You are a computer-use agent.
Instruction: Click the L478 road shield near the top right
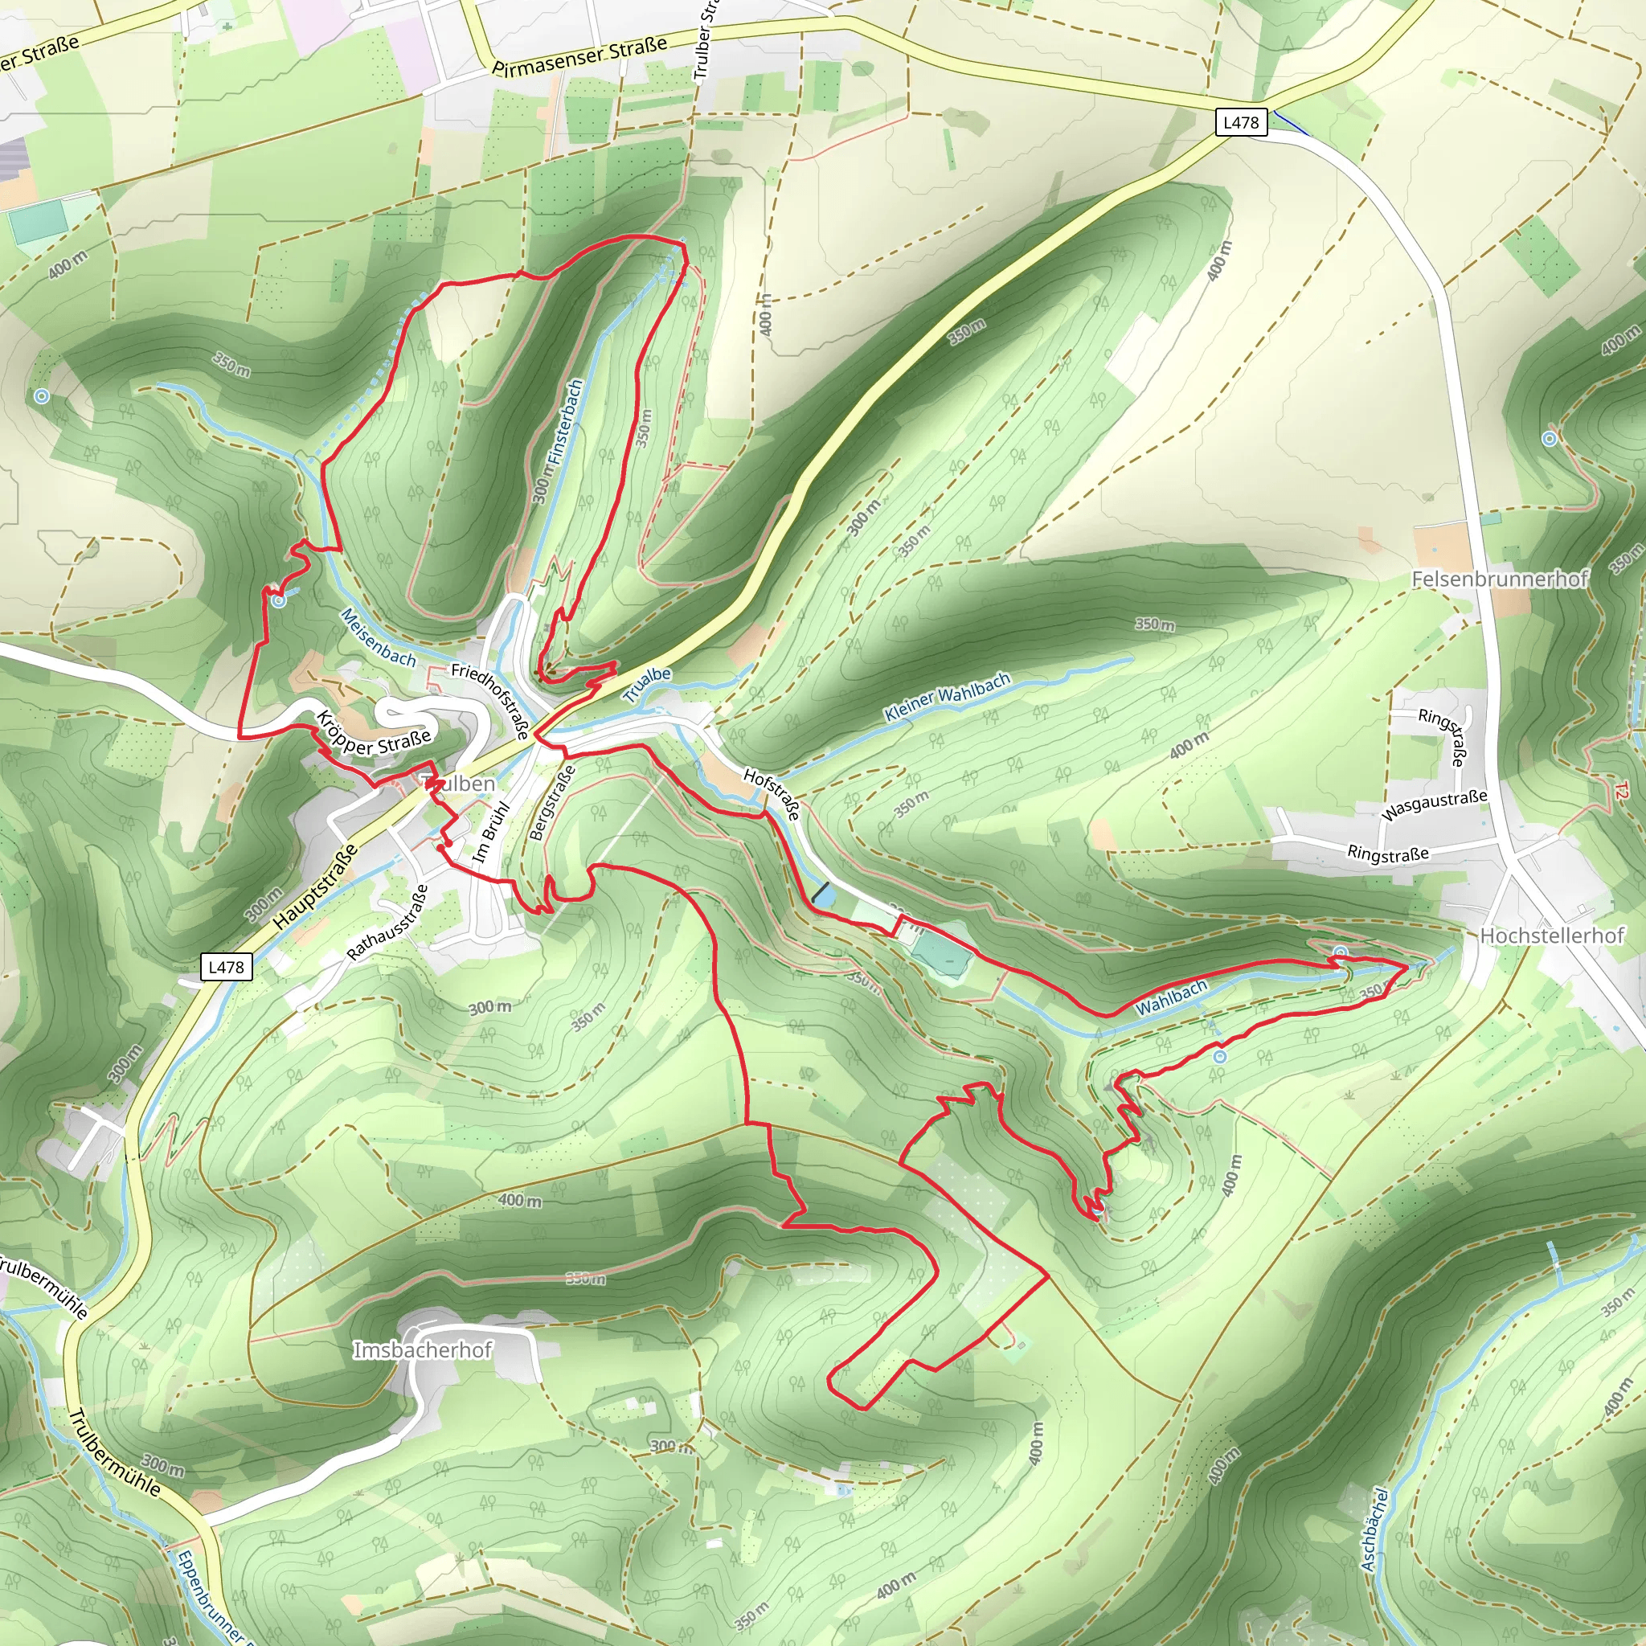(1240, 122)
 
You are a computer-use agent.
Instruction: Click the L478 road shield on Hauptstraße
(226, 967)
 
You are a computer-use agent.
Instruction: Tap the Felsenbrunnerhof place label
(1500, 579)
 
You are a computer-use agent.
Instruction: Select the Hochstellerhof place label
(1551, 936)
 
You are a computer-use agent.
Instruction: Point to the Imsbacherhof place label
(423, 1350)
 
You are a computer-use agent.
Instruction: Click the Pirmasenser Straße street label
(579, 56)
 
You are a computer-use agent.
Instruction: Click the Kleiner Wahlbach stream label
(948, 697)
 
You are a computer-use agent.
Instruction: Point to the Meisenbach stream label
(378, 637)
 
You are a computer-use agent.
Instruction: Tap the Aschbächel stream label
(1374, 1530)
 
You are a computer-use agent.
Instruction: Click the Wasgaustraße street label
(1434, 805)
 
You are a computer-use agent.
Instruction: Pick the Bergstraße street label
(552, 803)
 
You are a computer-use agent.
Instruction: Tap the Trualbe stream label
(647, 685)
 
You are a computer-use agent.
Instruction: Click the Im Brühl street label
(491, 833)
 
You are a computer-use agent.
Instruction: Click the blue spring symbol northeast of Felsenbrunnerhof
(1549, 439)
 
